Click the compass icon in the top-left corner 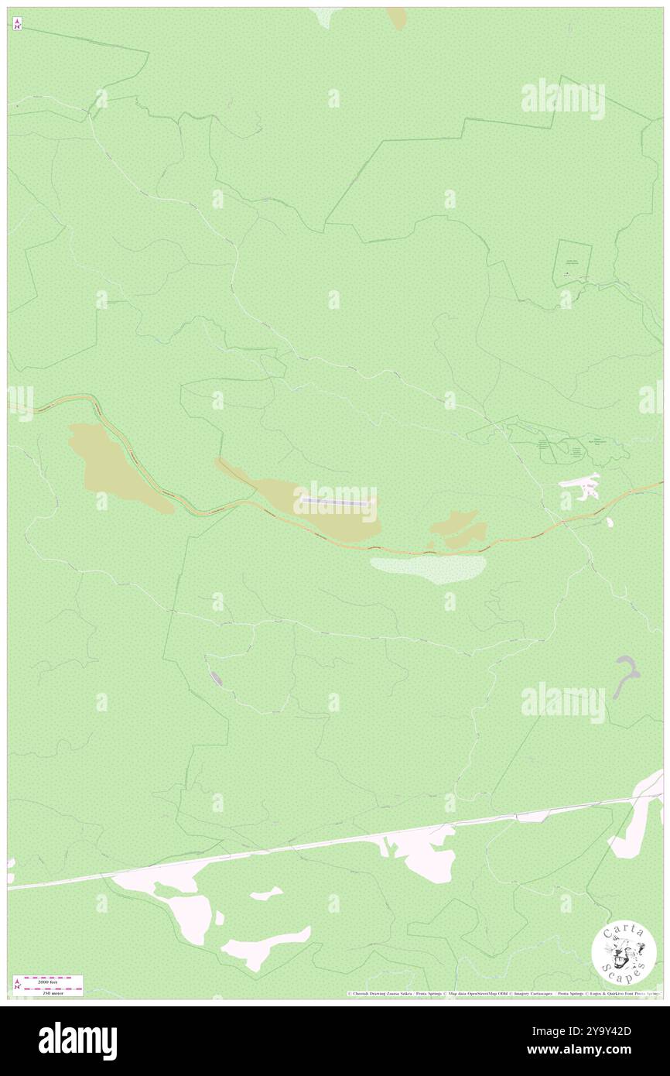pyautogui.click(x=17, y=23)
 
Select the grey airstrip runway pyautogui.click(x=336, y=501)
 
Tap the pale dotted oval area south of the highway pyautogui.click(x=428, y=569)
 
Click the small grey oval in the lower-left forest pyautogui.click(x=217, y=679)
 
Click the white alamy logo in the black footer pyautogui.click(x=77, y=1041)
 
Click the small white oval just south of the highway pyautogui.click(x=610, y=523)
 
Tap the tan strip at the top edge pyautogui.click(x=397, y=18)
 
